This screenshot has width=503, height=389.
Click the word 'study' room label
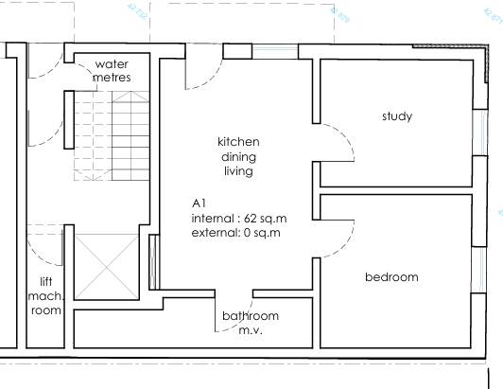pyautogui.click(x=397, y=116)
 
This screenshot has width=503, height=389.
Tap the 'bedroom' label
pyautogui.click(x=391, y=277)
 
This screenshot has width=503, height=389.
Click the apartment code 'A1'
pyautogui.click(x=199, y=203)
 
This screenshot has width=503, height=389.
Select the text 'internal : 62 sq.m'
pyautogui.click(x=236, y=218)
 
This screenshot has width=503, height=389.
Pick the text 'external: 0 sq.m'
pyautogui.click(x=235, y=233)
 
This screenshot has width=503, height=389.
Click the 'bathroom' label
pyautogui.click(x=251, y=315)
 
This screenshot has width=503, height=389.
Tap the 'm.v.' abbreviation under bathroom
pyautogui.click(x=251, y=329)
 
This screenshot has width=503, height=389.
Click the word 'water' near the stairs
pyautogui.click(x=112, y=63)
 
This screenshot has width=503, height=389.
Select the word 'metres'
pyautogui.click(x=112, y=77)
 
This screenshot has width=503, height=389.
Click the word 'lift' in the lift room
pyautogui.click(x=45, y=282)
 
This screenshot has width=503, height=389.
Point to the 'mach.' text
pyautogui.click(x=45, y=296)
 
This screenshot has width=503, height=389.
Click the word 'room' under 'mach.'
pyautogui.click(x=45, y=310)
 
